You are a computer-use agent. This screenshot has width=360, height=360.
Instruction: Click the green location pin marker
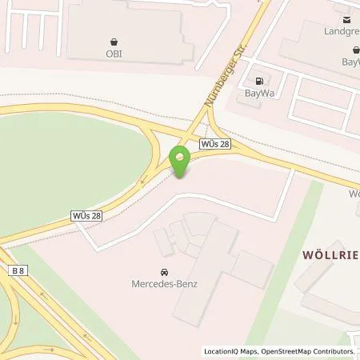coord(180,163)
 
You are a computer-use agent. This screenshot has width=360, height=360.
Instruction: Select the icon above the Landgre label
coord(347,20)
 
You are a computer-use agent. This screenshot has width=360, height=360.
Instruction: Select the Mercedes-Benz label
coord(164,283)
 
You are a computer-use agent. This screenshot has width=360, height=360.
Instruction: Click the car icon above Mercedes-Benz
coord(164,271)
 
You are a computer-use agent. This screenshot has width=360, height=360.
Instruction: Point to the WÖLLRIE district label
coord(330,254)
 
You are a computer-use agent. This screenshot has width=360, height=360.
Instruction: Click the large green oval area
coord(72,172)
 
